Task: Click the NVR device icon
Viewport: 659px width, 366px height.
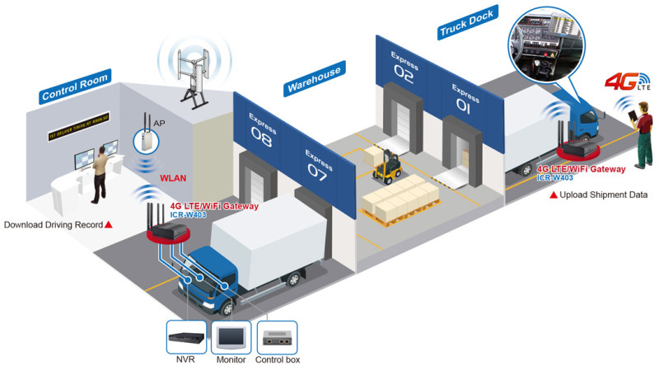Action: coord(185,337)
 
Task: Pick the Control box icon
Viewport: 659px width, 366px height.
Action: coord(278,337)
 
